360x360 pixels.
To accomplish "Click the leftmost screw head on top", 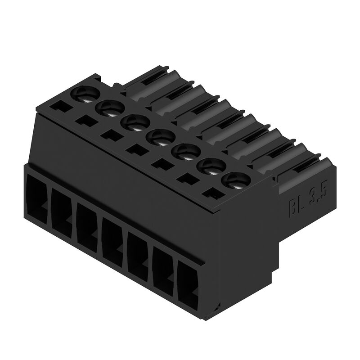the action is [x=85, y=94].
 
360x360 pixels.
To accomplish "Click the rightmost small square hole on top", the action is [x=214, y=193].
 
